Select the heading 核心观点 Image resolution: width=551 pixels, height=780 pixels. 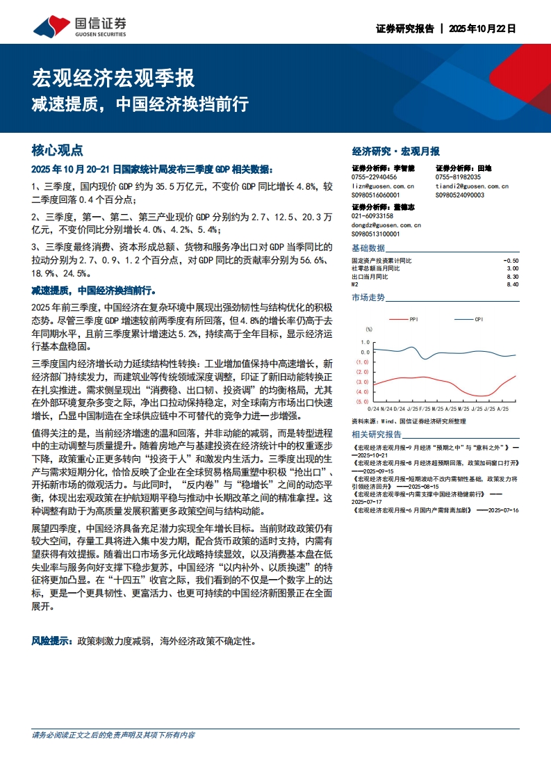pyautogui.click(x=58, y=150)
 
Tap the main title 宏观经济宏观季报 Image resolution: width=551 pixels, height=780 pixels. pyautogui.click(x=114, y=78)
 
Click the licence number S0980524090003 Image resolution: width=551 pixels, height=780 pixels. pyautogui.click(x=459, y=195)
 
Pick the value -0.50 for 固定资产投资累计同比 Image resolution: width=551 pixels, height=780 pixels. pyautogui.click(x=510, y=260)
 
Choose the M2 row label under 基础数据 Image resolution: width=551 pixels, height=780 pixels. pyautogui.click(x=355, y=284)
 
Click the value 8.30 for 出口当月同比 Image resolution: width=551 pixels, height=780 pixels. pyautogui.click(x=512, y=276)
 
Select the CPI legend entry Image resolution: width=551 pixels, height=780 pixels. pyautogui.click(x=479, y=319)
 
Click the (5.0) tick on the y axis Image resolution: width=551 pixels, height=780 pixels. pyautogui.click(x=362, y=402)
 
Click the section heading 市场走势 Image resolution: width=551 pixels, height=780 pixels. pyautogui.click(x=368, y=298)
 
